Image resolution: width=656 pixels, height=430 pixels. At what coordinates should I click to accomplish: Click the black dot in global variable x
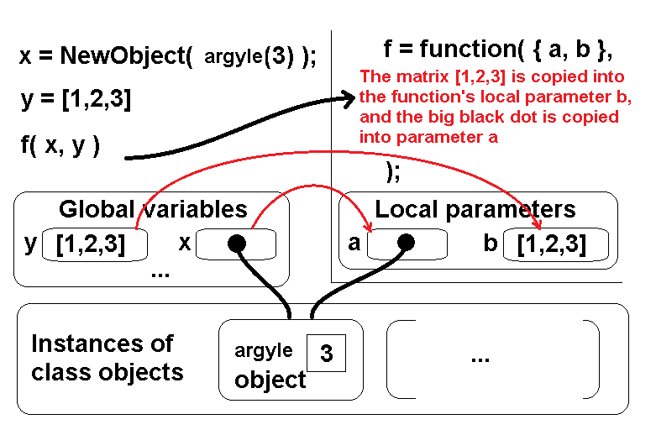pos(236,244)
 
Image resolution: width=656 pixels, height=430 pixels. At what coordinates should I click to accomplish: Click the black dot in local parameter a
pos(407,244)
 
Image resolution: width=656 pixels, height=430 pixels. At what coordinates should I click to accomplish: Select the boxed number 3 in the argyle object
pos(327,354)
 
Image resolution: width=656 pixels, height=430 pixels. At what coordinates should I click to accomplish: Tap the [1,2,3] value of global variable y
pos(91,244)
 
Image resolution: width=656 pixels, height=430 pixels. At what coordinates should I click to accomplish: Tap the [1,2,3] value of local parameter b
pos(551,244)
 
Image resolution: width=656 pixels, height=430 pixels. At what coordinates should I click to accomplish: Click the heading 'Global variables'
pos(153,209)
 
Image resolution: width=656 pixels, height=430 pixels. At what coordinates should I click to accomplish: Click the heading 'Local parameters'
pos(475,209)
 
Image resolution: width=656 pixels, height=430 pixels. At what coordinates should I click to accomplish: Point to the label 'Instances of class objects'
pos(107,357)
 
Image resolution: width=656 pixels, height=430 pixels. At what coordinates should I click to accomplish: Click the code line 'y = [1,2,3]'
pos(76,101)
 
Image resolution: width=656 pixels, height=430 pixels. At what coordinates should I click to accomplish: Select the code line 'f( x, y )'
pos(60,145)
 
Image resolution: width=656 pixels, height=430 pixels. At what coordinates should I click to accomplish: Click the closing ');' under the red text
pos(391,170)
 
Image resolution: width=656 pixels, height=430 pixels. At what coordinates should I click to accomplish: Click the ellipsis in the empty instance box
pos(480,357)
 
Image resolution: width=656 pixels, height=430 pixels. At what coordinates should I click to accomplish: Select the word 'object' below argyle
pos(270,380)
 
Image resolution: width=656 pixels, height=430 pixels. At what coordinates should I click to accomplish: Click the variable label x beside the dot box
pos(185,244)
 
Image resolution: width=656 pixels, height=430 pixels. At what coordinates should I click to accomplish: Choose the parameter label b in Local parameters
pos(491,244)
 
